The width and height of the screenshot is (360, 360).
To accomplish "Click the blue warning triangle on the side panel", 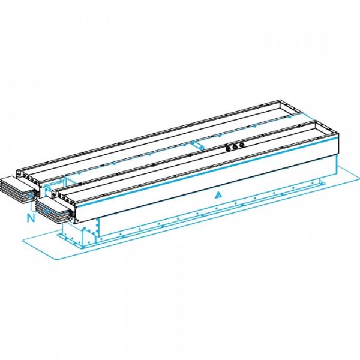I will (219, 194).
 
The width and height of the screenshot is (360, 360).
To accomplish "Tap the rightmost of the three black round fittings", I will (241, 144).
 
